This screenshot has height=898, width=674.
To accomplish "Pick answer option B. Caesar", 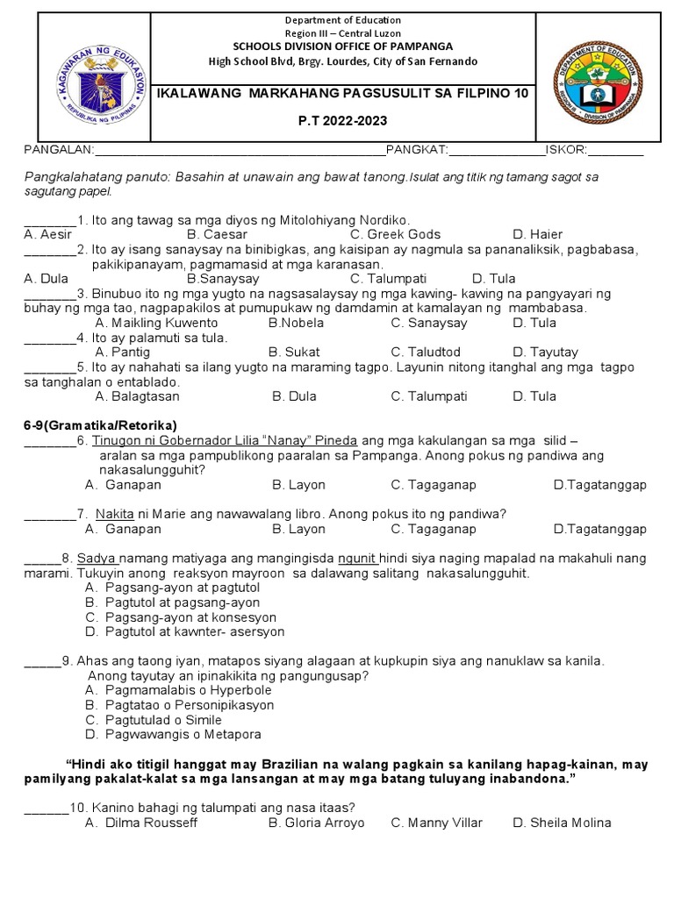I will coord(217,235).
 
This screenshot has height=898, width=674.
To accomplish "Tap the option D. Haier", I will coord(537,235).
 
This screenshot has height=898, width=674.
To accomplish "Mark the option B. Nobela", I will coord(296,323).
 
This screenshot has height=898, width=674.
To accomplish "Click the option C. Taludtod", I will coord(426,353).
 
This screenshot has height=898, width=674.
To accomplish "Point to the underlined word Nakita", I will coord(115,514).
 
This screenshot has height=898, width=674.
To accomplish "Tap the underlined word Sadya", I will coord(96,559).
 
